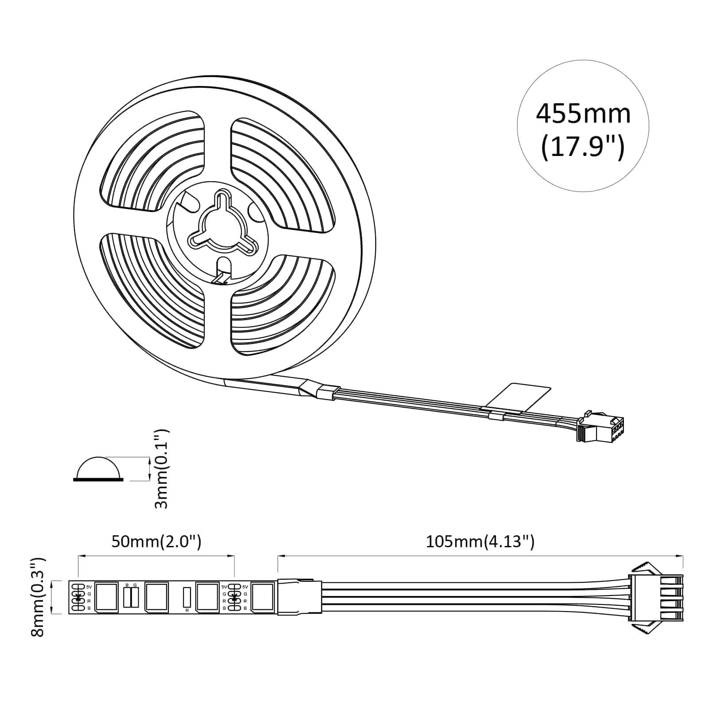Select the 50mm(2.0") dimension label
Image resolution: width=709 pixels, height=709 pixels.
(x=156, y=541)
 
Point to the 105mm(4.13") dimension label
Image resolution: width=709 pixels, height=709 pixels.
(x=480, y=541)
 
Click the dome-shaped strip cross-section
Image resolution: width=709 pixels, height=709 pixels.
(x=98, y=468)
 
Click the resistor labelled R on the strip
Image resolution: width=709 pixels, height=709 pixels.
(x=187, y=597)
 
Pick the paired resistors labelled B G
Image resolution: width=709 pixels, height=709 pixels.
(x=131, y=597)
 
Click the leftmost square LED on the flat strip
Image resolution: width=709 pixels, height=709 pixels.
(x=106, y=597)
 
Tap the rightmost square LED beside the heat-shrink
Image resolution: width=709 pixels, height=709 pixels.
(x=262, y=597)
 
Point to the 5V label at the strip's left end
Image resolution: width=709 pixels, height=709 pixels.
(x=89, y=587)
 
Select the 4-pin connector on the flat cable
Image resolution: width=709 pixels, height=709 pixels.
(x=656, y=596)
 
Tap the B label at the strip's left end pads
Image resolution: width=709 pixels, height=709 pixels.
(x=89, y=608)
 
